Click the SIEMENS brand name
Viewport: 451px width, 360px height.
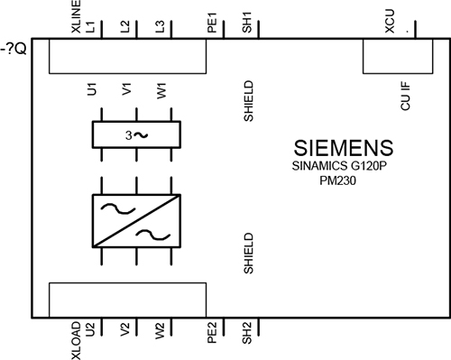344,148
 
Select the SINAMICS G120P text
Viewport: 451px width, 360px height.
344,167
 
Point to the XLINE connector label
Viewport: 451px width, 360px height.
76,18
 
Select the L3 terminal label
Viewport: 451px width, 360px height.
161,28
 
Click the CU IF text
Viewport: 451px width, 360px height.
406,97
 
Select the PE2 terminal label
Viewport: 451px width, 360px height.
211,335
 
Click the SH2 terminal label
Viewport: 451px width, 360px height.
247,335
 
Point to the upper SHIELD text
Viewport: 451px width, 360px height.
247,104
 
